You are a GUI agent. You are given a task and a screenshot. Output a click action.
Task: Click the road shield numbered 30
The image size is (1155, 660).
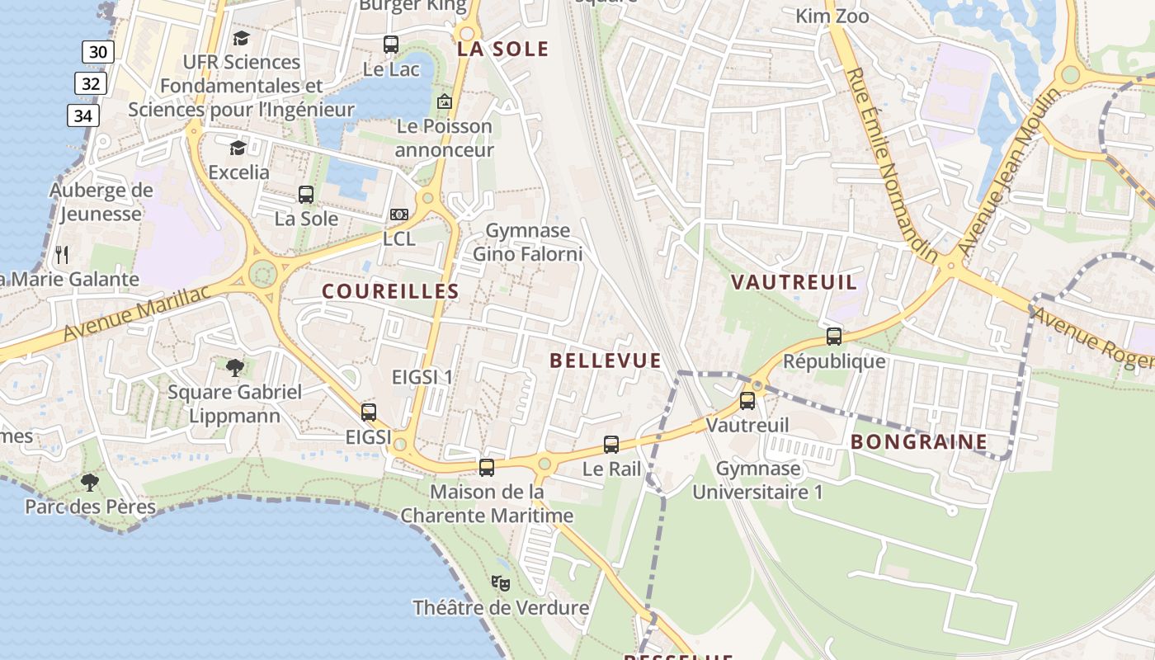click(x=97, y=52)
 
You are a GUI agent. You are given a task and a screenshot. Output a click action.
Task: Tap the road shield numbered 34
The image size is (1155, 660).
click(x=82, y=115)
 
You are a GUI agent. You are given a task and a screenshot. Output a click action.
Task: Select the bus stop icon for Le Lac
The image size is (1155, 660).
click(x=391, y=45)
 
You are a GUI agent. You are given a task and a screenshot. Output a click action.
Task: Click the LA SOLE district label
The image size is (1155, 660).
click(x=503, y=49)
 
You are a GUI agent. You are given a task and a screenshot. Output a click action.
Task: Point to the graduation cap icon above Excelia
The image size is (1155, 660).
click(x=238, y=148)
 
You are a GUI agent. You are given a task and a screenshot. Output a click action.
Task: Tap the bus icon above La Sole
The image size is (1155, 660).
click(x=306, y=195)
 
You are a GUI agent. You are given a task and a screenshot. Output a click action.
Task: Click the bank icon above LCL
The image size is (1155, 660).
click(x=398, y=214)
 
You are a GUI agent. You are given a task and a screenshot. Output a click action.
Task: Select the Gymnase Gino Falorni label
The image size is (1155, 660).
click(x=527, y=243)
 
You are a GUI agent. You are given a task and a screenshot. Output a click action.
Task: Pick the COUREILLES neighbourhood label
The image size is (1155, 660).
click(x=390, y=291)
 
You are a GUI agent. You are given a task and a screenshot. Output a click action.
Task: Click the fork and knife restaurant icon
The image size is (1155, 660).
click(x=62, y=253)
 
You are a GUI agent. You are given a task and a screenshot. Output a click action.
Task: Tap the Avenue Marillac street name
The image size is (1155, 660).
click(x=136, y=314)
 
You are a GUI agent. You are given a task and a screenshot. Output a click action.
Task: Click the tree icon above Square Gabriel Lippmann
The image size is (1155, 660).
click(x=234, y=367)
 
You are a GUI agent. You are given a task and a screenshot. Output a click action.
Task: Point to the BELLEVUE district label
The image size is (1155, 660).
click(x=606, y=361)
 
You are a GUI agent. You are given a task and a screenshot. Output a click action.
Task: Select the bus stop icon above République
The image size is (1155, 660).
click(x=834, y=337)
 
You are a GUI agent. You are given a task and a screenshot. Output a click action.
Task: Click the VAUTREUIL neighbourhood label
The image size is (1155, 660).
click(x=794, y=282)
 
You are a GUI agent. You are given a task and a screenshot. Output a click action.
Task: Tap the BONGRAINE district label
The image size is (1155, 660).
click(x=919, y=441)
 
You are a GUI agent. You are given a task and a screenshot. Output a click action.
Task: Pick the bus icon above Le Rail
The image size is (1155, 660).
click(x=611, y=445)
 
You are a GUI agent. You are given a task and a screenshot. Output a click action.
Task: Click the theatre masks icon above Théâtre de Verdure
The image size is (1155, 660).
click(x=501, y=583)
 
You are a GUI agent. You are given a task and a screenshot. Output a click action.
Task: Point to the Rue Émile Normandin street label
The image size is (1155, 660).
click(x=892, y=165)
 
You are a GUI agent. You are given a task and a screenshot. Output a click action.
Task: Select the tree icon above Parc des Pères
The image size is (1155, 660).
click(x=90, y=483)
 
